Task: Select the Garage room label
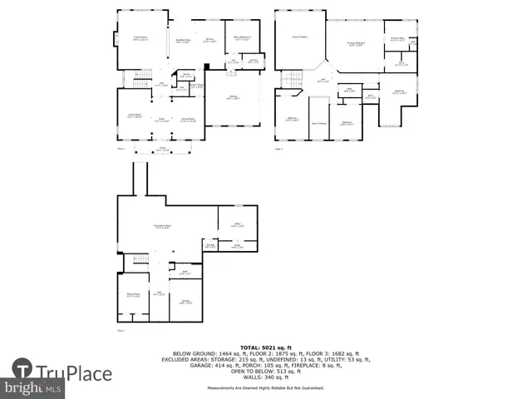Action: pos(233,97)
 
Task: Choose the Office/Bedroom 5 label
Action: pos(242,37)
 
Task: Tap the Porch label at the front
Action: pos(162,149)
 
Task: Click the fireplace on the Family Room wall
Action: pos(116,37)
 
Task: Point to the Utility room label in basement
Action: pos(237,246)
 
